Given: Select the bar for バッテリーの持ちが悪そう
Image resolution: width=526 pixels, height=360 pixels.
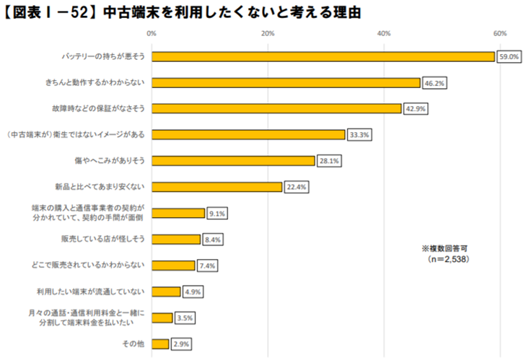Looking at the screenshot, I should tap(323, 56).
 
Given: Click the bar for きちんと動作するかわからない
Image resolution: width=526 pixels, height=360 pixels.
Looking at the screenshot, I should tap(286, 83).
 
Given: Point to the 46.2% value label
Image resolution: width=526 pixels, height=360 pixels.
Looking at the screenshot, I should tap(434, 83).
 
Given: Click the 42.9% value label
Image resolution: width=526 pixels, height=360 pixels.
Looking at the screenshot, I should tap(415, 109).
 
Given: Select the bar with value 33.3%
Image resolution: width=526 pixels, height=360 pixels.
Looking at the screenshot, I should tap(248, 135).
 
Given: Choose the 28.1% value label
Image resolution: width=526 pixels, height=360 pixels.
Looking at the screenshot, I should tap(329, 161).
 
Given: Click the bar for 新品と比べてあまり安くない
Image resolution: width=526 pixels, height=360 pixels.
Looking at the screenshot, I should tap(216, 187).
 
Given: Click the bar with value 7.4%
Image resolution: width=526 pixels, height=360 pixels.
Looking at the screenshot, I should tap(173, 265).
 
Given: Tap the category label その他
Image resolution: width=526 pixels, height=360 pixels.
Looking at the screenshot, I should tap(134, 344).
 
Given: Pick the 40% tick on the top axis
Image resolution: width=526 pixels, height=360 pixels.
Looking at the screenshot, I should tap(384, 33).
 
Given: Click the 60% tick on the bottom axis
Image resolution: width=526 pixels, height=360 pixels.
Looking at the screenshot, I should tap(500, 355).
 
